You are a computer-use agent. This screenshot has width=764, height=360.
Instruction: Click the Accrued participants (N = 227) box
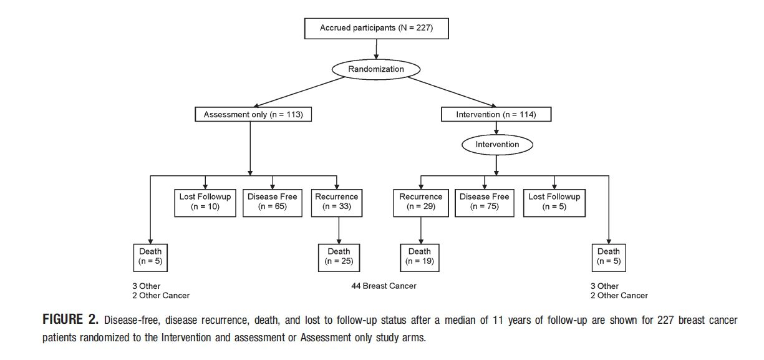pyautogui.click(x=375, y=28)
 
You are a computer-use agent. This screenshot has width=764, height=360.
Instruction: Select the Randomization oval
pyautogui.click(x=375, y=70)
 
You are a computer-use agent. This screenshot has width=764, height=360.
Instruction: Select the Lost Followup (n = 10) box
pyautogui.click(x=205, y=202)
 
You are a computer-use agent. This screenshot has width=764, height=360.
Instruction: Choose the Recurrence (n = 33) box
pyautogui.click(x=337, y=202)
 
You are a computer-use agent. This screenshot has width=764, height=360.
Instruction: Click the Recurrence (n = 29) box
pyautogui.click(x=421, y=202)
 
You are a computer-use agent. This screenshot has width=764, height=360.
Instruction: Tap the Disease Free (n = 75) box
pyautogui.click(x=485, y=202)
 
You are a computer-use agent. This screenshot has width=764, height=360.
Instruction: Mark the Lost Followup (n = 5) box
pyautogui.click(x=554, y=202)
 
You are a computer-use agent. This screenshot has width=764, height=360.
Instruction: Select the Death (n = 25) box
pyautogui.click(x=339, y=256)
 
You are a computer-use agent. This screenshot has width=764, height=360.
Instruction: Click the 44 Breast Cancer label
pyautogui.click(x=384, y=286)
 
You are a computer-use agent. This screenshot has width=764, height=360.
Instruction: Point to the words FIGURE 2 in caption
pyautogui.click(x=70, y=321)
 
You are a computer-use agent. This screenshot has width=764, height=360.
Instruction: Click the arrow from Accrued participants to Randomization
pyautogui.click(x=375, y=48)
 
